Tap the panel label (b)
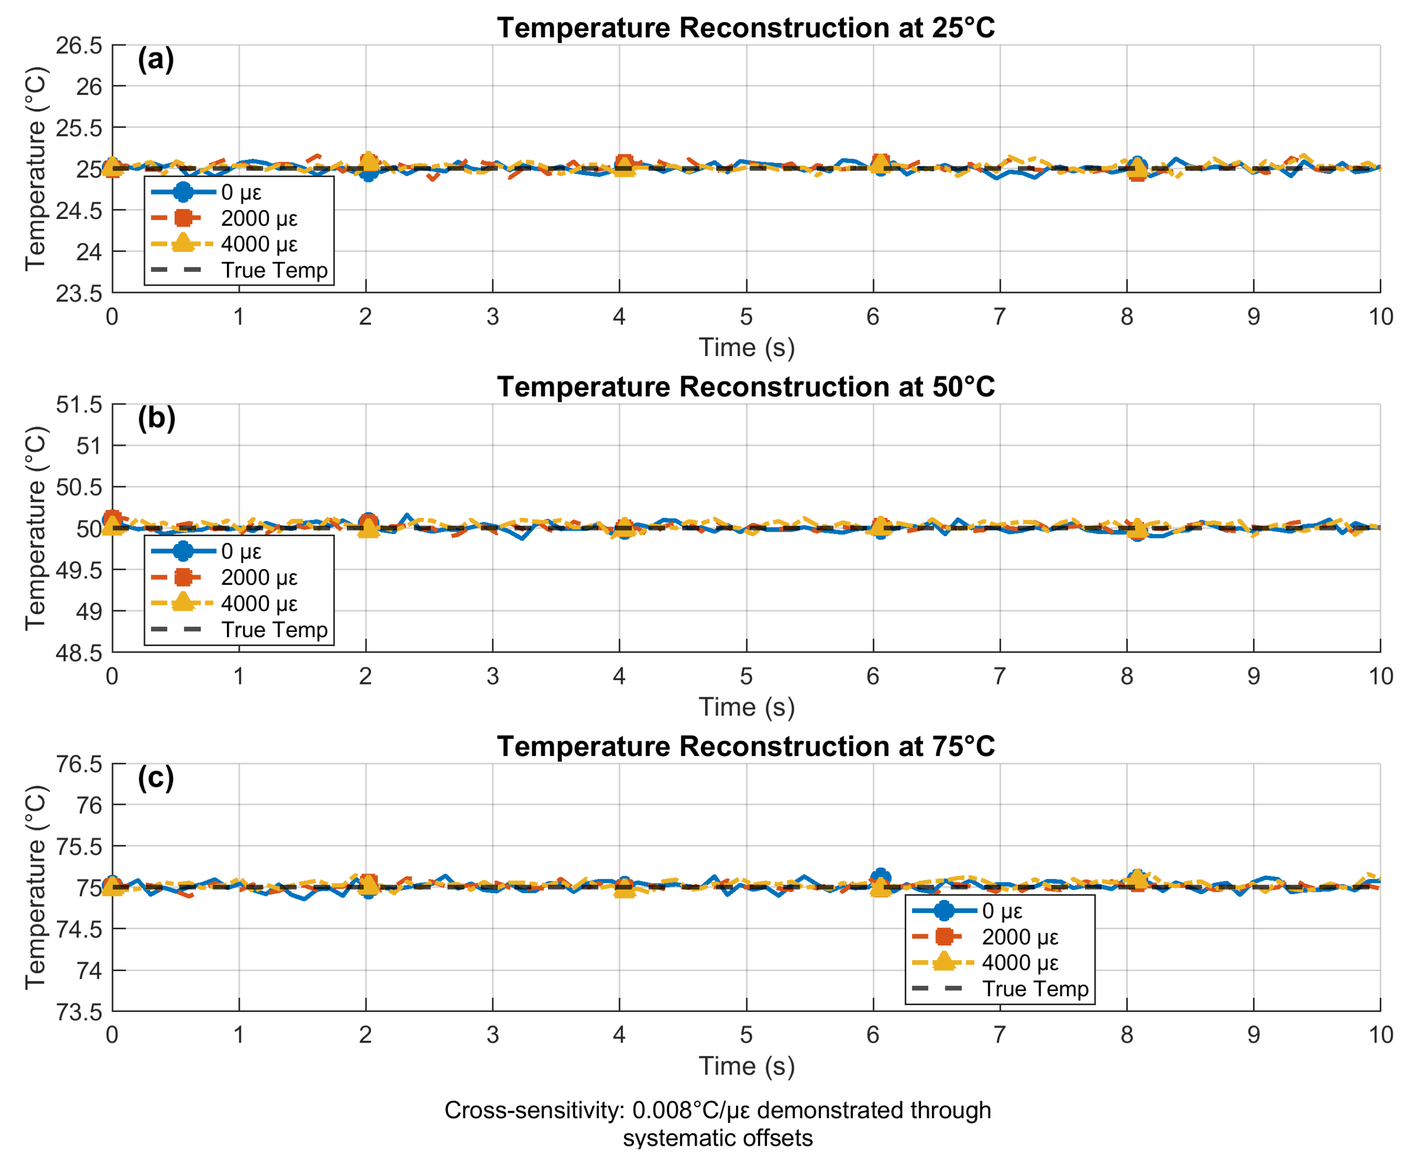tap(156, 418)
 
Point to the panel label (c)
tap(156, 777)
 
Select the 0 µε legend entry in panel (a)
tap(241, 192)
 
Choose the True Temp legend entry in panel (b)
tap(274, 629)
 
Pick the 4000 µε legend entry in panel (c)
tap(1019, 963)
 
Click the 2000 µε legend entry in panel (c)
tap(1019, 937)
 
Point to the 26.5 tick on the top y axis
tap(79, 45)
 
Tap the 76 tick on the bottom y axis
tap(89, 806)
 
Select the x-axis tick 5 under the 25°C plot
tap(746, 317)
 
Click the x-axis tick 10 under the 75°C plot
tap(1380, 1035)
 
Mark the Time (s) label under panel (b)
tap(746, 707)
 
